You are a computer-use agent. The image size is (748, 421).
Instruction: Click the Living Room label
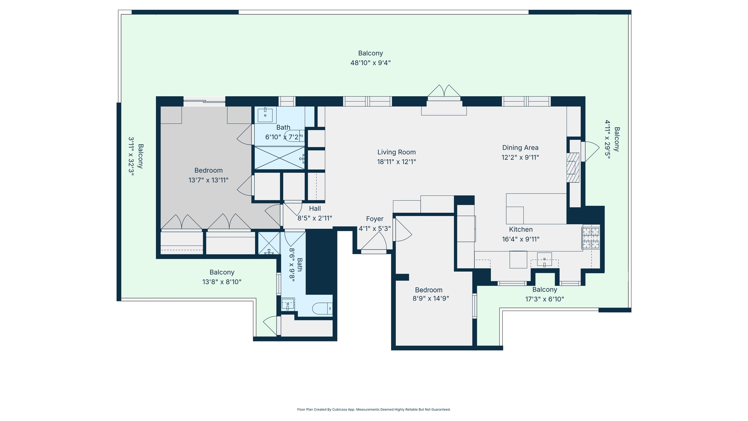396,152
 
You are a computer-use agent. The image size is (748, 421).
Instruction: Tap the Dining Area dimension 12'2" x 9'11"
520,157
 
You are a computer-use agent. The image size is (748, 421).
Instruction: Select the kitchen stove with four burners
591,238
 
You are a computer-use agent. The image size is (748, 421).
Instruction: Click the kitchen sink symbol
544,259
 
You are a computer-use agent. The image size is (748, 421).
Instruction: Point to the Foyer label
374,219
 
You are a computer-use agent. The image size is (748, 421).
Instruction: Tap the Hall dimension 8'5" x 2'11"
315,218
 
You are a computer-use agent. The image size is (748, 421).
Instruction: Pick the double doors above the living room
444,91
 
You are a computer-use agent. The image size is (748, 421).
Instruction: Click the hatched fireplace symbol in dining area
572,168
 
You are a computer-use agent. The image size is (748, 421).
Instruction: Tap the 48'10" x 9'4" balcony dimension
370,63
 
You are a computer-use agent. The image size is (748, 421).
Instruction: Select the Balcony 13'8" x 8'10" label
222,272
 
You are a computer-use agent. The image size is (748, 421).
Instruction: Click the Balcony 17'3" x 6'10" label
544,289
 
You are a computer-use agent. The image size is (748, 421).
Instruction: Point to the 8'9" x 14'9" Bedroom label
429,290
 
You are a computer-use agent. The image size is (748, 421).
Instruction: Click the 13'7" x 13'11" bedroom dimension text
208,180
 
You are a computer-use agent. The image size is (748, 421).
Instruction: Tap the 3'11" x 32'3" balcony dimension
131,156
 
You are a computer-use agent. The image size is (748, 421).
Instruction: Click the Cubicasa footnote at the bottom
374,409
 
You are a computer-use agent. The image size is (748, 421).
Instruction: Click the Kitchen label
520,229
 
